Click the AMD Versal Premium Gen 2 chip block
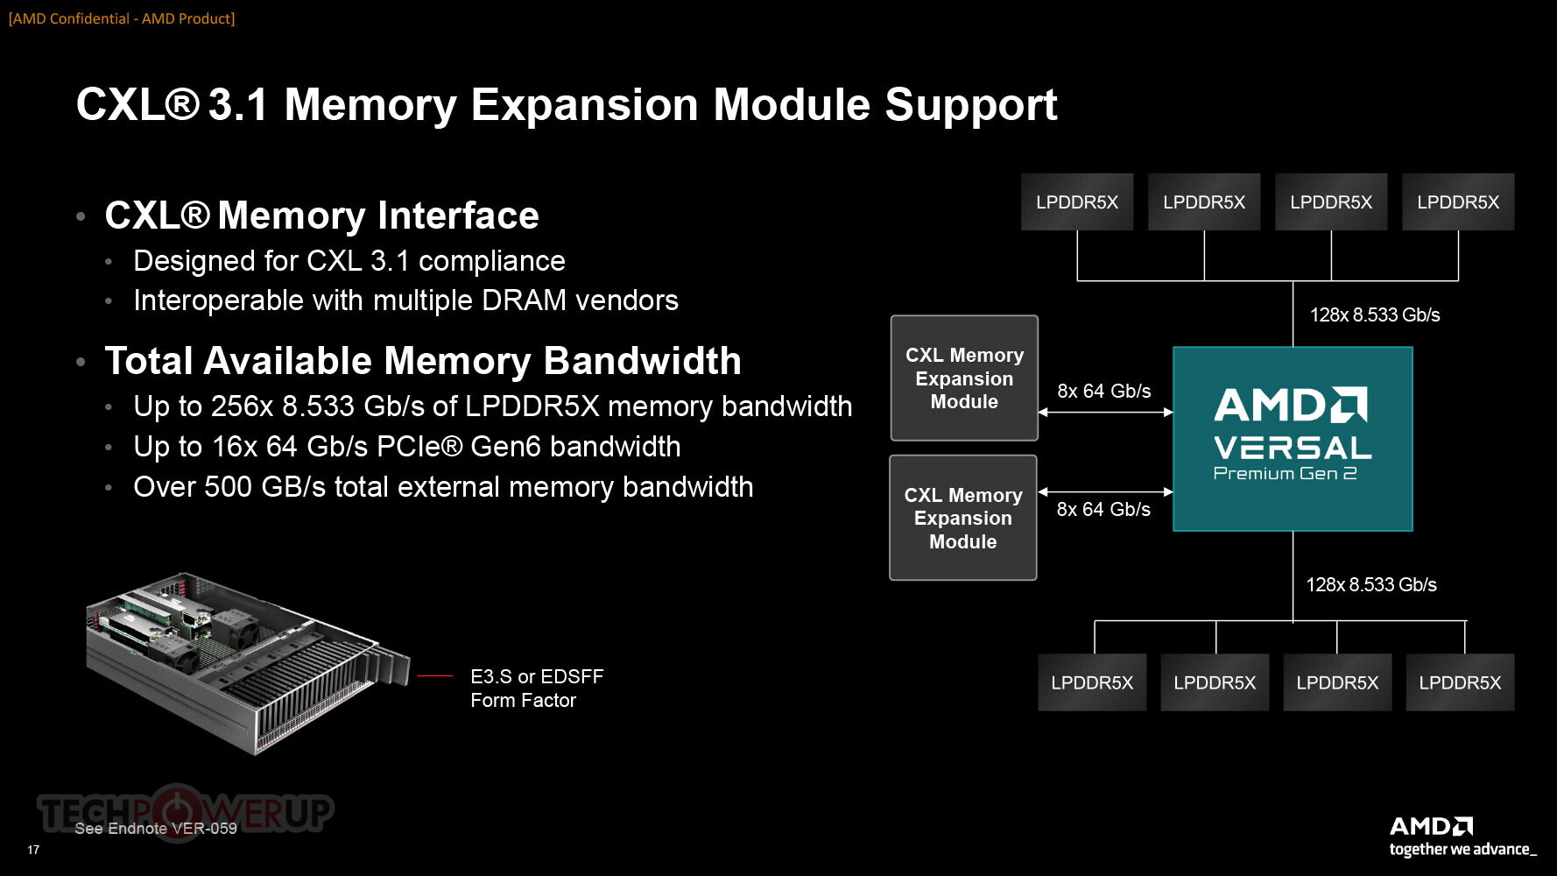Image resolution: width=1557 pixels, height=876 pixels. coord(1293,439)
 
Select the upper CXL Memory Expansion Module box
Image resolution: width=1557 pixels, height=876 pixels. coord(964,378)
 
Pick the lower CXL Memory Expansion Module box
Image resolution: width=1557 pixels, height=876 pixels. coord(963,518)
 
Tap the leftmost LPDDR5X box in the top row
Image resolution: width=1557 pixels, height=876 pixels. coord(1077,201)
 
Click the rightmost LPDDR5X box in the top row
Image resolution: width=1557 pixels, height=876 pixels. coord(1458,201)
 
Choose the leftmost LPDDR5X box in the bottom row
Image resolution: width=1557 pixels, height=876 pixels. coord(1092,682)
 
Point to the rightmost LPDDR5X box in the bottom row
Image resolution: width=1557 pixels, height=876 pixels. coord(1460,682)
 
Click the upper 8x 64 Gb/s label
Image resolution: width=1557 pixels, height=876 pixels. coord(1104,391)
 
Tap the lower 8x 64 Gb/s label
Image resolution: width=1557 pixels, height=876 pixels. coord(1103,509)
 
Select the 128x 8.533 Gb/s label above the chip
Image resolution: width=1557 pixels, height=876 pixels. coord(1375,314)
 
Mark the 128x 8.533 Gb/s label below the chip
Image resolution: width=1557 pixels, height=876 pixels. coord(1371,584)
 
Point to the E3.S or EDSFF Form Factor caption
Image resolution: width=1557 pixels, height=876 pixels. coord(537,689)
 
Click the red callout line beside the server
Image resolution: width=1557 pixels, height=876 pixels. coord(435,676)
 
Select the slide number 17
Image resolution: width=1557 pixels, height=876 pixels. coord(33,850)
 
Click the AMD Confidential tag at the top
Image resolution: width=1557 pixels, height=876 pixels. coord(122,18)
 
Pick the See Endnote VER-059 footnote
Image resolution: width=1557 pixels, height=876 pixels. coord(156,828)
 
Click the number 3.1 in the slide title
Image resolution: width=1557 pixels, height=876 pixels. coord(237,105)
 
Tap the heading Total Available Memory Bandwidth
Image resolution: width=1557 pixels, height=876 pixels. coord(423,361)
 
